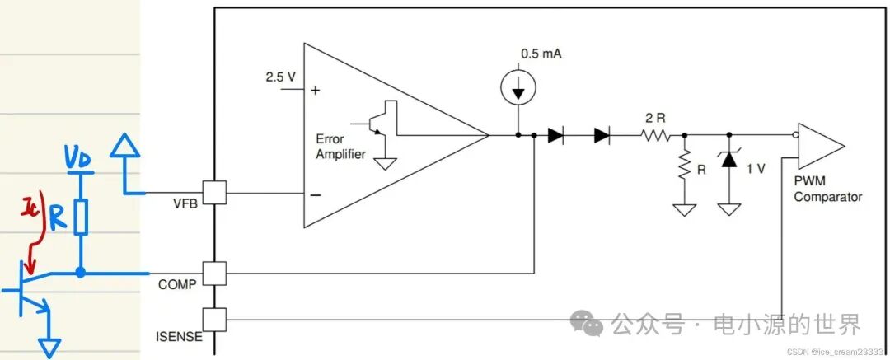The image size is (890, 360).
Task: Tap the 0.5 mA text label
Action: pos(541,54)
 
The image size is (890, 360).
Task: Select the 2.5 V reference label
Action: pos(280,77)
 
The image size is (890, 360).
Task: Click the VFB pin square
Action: pos(214,193)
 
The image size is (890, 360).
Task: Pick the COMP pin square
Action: pos(214,274)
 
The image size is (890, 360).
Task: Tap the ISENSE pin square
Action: pos(214,320)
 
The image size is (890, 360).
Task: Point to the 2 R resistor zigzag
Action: pos(656,136)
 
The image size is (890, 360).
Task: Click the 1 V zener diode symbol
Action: pos(728,160)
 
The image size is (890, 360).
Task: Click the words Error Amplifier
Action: pos(340,147)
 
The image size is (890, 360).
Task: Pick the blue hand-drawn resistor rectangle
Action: pos(81,217)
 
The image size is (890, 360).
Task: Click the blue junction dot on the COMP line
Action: pos(81,273)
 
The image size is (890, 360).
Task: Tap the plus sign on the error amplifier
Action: pos(315,91)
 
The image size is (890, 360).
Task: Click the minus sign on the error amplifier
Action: pos(316,195)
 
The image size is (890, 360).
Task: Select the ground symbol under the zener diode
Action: pos(728,209)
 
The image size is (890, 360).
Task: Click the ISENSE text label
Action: pos(179,336)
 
